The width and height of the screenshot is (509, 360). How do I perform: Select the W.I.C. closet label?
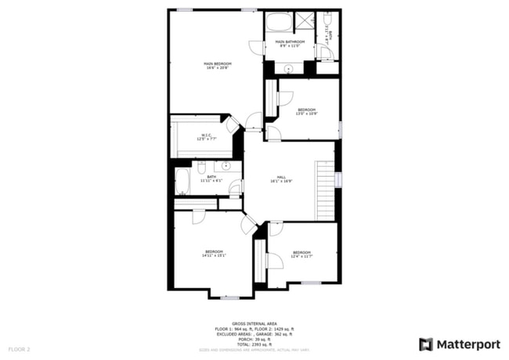click(x=206, y=135)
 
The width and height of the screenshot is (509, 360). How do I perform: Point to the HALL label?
click(x=281, y=177)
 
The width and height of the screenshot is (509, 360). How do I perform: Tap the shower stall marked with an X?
click(x=305, y=21)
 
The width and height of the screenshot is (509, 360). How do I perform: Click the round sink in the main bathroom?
click(x=289, y=68)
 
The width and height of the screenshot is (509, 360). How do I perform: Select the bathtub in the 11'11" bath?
click(x=182, y=182)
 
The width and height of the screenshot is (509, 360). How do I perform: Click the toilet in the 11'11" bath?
click(x=201, y=168)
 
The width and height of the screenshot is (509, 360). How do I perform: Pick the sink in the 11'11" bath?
click(x=226, y=166)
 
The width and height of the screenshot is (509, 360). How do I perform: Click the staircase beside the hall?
click(x=324, y=190)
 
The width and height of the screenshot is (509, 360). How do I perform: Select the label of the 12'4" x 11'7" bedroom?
click(x=301, y=252)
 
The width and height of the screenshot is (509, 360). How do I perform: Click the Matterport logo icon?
click(x=426, y=344)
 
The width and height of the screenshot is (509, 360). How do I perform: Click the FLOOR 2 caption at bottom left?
click(x=19, y=348)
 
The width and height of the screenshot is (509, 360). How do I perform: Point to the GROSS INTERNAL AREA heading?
click(x=254, y=322)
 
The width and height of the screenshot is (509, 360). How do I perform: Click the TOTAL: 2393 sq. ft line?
click(x=254, y=344)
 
